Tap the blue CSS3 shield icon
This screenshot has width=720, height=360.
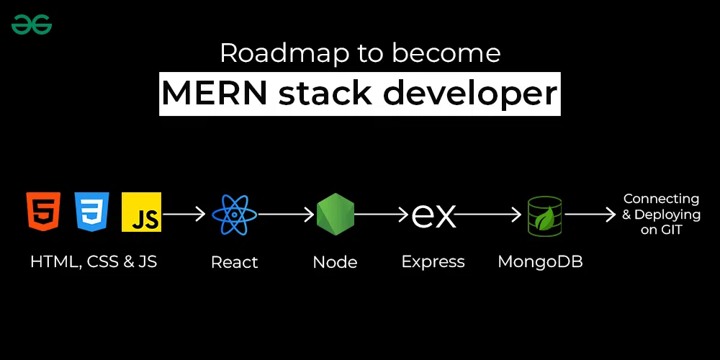[92, 211]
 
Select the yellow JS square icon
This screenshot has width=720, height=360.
[142, 212]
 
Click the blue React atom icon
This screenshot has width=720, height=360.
[235, 214]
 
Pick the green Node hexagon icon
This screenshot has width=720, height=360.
[336, 214]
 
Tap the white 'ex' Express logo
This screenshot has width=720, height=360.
[433, 215]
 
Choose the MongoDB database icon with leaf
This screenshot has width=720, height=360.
[544, 215]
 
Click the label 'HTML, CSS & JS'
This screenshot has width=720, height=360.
[94, 262]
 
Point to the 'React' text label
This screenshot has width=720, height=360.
[235, 263]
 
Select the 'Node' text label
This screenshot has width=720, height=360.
[336, 262]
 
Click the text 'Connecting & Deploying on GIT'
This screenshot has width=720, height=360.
[661, 214]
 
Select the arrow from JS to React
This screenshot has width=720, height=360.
[186, 214]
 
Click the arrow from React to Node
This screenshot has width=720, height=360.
[287, 214]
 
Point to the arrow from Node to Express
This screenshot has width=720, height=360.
[382, 214]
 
